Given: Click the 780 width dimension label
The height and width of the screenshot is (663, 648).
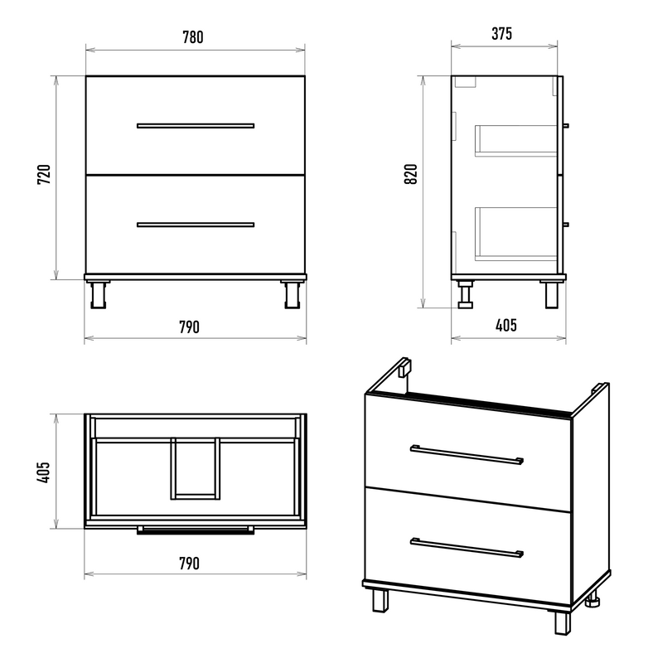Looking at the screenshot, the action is [x=193, y=37].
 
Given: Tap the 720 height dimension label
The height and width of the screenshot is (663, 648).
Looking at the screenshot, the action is [x=44, y=174].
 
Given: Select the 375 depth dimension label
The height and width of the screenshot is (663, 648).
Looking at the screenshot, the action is [x=502, y=33].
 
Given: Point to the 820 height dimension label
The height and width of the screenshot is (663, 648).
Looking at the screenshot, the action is [x=410, y=173].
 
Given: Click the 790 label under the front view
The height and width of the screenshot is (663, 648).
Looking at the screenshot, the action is [x=189, y=327].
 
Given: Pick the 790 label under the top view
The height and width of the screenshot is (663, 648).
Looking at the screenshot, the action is [x=189, y=564].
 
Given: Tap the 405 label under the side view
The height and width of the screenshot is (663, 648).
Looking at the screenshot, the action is [x=506, y=325].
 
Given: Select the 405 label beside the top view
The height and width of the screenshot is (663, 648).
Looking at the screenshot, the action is [x=44, y=472].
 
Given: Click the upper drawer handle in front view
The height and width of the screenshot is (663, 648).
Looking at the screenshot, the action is [x=196, y=126].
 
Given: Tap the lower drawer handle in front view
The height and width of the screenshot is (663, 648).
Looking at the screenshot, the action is [x=196, y=225].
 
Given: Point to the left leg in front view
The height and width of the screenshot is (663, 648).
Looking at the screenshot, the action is [x=99, y=294].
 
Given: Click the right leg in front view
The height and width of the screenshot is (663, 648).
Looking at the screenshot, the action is [x=292, y=294].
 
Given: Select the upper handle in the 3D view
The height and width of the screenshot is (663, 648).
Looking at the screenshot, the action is [x=467, y=454].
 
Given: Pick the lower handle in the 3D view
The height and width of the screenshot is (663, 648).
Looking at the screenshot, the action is [x=467, y=548].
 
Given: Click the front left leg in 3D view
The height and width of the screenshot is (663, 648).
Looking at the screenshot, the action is [x=380, y=600].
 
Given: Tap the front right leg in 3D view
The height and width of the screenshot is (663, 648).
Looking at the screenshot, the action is [x=563, y=622].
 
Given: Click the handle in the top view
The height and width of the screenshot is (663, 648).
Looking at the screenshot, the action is [x=196, y=530].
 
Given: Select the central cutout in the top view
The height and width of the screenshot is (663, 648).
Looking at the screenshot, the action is [x=196, y=468].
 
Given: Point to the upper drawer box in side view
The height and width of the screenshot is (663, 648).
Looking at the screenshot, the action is [x=515, y=141].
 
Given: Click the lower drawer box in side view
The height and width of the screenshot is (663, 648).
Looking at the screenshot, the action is [x=515, y=234].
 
